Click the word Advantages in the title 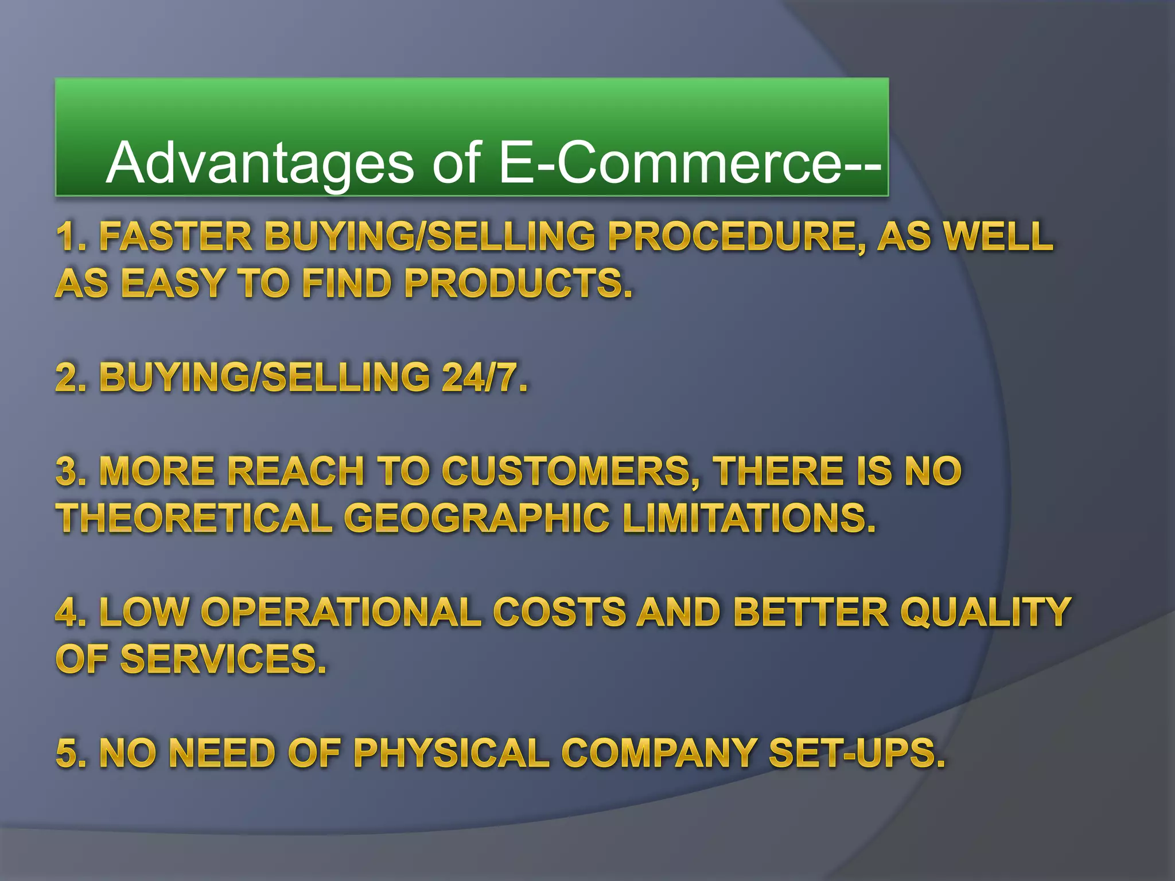click(x=259, y=163)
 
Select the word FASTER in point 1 click(x=176, y=236)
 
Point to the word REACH click(x=296, y=471)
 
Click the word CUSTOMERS click(x=571, y=471)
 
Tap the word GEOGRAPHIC click(x=477, y=518)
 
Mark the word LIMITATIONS click(x=749, y=518)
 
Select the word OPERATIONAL click(x=341, y=612)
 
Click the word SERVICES click(x=223, y=659)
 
